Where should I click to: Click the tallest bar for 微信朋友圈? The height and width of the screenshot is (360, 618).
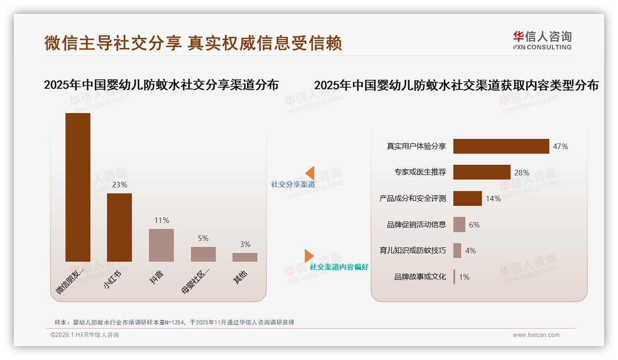pyautogui.click(x=78, y=187)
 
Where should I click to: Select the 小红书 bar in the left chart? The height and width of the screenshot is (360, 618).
pyautogui.click(x=119, y=227)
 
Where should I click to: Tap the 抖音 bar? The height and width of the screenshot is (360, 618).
pyautogui.click(x=161, y=245)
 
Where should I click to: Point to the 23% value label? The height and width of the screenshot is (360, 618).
pyautogui.click(x=119, y=185)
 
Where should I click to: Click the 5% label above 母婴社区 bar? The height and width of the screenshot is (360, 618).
pyautogui.click(x=203, y=238)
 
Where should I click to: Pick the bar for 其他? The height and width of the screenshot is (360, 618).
pyautogui.click(x=245, y=257)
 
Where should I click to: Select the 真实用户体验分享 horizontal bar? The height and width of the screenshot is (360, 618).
pyautogui.click(x=501, y=146)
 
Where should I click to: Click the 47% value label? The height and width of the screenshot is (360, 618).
pyautogui.click(x=560, y=146)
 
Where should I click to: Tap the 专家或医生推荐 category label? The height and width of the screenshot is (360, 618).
pyautogui.click(x=420, y=172)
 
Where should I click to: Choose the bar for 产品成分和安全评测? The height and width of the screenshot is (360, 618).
pyautogui.click(x=467, y=198)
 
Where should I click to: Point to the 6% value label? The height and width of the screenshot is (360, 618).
pyautogui.click(x=474, y=225)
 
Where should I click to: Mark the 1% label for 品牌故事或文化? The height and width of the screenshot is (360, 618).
pyautogui.click(x=464, y=277)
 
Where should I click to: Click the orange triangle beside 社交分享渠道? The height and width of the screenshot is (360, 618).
pyautogui.click(x=310, y=173)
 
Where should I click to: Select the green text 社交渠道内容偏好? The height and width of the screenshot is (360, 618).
pyautogui.click(x=339, y=267)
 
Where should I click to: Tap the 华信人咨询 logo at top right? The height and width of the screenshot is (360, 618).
pyautogui.click(x=542, y=41)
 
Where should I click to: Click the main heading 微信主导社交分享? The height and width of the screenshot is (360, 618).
pyautogui.click(x=113, y=43)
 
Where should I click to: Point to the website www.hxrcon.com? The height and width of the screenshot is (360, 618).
pyautogui.click(x=536, y=335)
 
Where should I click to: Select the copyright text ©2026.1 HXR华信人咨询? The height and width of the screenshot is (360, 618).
pyautogui.click(x=85, y=335)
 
